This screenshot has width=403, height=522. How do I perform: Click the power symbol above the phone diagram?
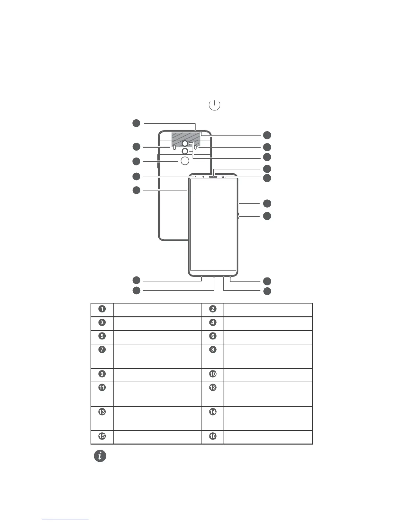coord(214,105)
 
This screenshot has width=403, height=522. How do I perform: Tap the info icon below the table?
coord(100,456)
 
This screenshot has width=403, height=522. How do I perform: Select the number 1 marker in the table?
coord(102,309)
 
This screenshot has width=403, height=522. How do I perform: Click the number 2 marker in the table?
coord(213,309)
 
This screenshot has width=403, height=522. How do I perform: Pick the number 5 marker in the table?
coord(102,336)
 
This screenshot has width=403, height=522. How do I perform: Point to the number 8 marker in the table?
coord(213,350)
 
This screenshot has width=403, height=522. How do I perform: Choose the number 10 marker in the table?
coord(213,374)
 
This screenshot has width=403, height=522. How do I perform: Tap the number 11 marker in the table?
coord(102,388)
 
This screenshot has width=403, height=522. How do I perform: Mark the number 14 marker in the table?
coord(213,412)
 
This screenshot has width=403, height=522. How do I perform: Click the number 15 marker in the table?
coord(102,436)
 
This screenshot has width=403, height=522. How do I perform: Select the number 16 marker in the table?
coord(213,436)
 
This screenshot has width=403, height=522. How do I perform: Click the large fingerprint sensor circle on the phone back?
coord(185,160)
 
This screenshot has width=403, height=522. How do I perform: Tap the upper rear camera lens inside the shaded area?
coord(185,143)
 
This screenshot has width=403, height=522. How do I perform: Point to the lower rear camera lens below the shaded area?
coord(185,151)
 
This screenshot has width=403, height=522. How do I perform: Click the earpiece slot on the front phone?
coord(213,176)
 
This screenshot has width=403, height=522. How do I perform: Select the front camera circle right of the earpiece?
coord(223,177)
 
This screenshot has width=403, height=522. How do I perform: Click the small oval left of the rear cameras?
coord(174,147)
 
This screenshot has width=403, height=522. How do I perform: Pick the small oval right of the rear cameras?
coord(196,147)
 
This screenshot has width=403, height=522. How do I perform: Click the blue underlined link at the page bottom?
coord(65,519)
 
